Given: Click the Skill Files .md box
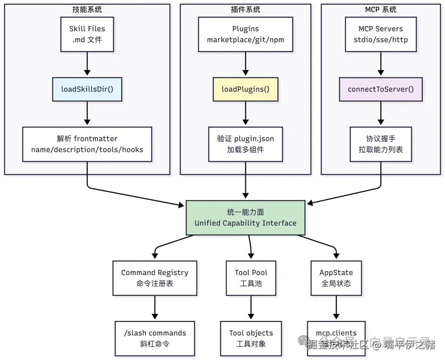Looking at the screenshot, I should coord(87,34).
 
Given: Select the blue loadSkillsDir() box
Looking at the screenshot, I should coord(87,89).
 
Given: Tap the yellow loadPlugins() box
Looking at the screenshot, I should coord(246,89).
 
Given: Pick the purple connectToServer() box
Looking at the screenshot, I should coord(380,89).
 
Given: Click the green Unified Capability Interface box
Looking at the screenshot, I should coord(246,217).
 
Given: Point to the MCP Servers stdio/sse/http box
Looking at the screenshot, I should coord(380,34).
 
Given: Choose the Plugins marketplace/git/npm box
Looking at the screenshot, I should coord(246,34).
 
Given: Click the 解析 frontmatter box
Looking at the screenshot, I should coord(87,144).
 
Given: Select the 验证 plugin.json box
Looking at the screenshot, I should coord(246,144).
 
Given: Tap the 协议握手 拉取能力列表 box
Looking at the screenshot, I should coord(380,144).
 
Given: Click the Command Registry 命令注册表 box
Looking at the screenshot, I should coord(155,278).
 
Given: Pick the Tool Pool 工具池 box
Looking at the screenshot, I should coord(251,278).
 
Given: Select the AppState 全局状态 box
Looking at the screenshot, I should coord(336,278).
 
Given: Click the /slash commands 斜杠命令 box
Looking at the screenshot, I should coord(155,338).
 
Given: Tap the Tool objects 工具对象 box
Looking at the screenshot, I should coord(251,338).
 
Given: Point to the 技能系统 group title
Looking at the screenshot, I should coord(87,9).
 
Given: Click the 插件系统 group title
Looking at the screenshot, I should coord(246,9).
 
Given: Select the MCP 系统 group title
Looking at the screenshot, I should coord(380,9).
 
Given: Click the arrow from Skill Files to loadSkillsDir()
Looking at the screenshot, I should coord(87,64).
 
